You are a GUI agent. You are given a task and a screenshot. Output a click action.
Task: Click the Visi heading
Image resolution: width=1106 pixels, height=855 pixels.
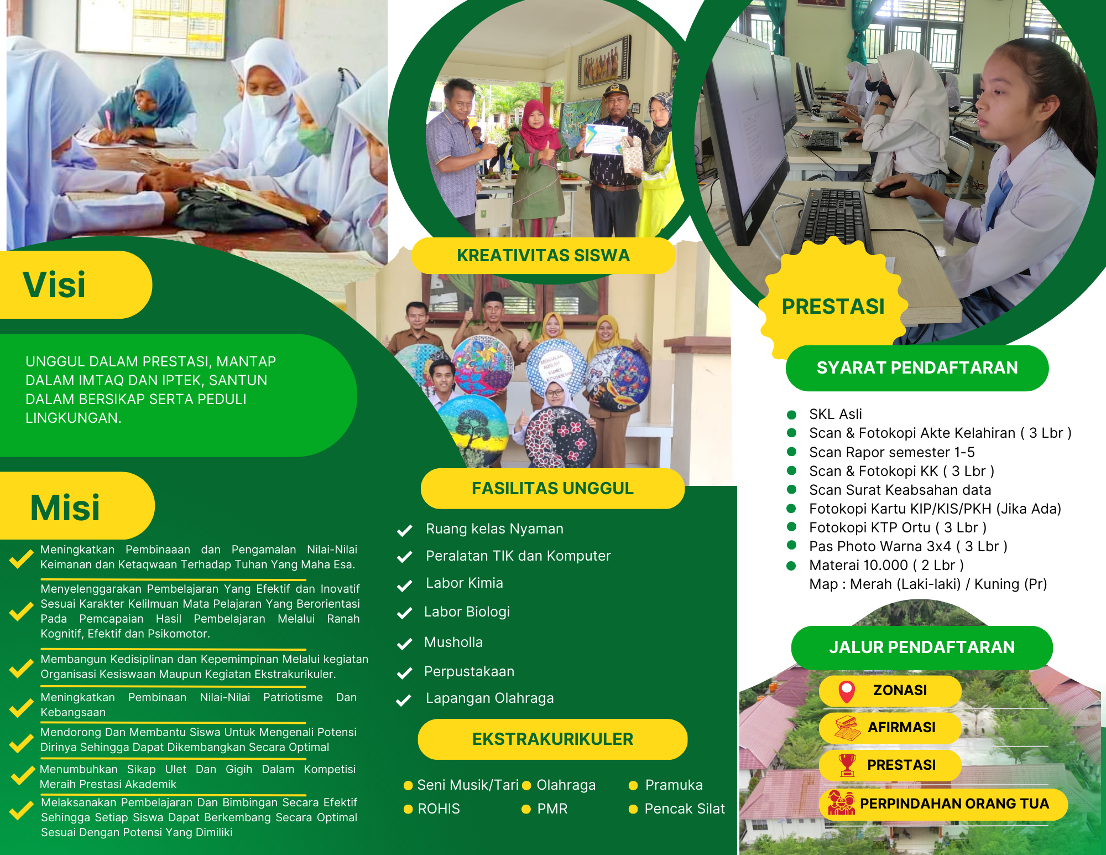[54, 285]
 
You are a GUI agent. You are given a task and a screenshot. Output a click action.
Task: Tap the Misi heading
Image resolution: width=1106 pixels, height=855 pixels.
[65, 507]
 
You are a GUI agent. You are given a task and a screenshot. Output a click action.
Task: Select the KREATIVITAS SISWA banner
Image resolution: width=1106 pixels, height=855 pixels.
[543, 256]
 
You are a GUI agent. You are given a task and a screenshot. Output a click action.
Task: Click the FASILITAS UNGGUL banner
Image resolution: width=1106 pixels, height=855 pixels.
[552, 489]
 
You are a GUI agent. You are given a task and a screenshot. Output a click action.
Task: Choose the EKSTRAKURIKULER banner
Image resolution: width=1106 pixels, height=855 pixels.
[552, 739]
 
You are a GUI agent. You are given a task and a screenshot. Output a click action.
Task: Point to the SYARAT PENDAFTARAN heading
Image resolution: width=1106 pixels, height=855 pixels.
[917, 368]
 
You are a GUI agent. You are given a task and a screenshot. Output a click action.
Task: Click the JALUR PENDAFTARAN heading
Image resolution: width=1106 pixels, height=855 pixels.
[922, 647]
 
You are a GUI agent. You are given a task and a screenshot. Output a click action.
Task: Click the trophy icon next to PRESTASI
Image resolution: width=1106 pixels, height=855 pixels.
[847, 765]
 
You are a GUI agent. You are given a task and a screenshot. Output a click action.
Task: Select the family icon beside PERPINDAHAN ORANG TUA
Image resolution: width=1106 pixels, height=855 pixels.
[841, 804]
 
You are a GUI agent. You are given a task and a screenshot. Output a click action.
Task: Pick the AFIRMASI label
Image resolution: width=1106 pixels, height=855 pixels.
[901, 727]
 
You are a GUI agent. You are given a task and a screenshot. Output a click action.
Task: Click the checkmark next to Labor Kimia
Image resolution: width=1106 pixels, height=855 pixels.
[405, 585]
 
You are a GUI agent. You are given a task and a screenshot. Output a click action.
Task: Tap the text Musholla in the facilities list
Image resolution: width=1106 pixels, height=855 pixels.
[453, 642]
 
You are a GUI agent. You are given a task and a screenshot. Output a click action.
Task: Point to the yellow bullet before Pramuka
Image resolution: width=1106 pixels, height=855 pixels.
[633, 785]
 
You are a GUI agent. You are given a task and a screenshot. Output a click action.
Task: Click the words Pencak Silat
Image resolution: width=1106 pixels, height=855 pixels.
[685, 809]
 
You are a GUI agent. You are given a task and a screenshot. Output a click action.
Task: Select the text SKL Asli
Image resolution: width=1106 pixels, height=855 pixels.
[836, 414]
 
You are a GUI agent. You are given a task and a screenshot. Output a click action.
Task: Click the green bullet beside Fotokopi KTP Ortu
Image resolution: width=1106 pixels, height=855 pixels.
[791, 527]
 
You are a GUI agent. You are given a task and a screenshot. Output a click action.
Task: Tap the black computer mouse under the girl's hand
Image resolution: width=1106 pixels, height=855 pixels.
[891, 189]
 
